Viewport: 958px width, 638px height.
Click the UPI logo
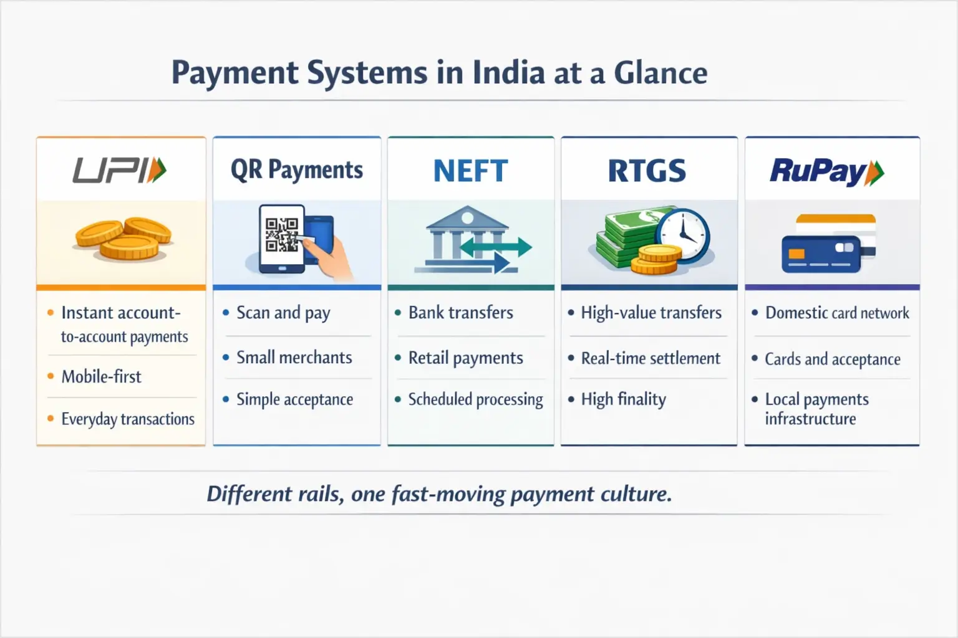click(120, 171)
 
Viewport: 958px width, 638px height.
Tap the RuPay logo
click(826, 172)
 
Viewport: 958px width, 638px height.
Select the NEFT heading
click(470, 171)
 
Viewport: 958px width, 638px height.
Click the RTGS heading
click(647, 171)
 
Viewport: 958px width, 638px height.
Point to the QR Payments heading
click(297, 170)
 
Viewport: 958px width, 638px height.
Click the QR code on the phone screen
click(281, 234)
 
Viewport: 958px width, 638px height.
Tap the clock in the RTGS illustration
click(685, 236)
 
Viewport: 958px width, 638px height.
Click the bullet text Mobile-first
click(101, 377)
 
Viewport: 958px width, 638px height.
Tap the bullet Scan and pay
click(283, 313)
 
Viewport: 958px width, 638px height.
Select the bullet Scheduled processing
click(475, 399)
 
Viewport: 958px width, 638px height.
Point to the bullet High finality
click(623, 399)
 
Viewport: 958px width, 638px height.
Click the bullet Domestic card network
click(837, 313)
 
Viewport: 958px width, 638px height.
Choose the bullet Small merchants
click(294, 358)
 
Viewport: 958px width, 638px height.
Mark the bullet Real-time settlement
click(651, 358)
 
